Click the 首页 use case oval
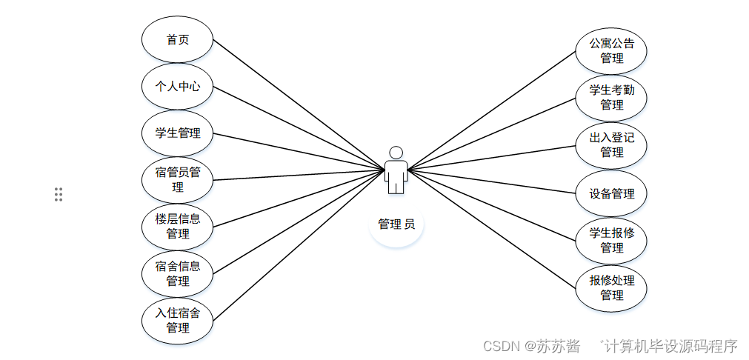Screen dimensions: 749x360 coord(177,39)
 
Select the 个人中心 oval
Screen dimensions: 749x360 coord(177,86)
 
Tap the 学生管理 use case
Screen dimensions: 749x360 coord(177,133)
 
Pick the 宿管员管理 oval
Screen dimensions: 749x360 coord(177,180)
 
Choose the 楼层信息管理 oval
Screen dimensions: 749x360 coord(177,226)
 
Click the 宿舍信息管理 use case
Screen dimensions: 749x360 coord(177,273)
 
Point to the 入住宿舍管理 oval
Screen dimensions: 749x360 coord(177,320)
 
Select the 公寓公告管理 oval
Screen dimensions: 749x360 coord(611,50)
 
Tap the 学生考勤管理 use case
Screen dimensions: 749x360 coord(611,98)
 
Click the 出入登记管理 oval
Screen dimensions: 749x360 coord(611,144)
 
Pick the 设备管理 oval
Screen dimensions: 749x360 coord(611,193)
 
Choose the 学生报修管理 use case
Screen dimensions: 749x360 coord(611,240)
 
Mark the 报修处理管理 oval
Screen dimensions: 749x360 coord(611,287)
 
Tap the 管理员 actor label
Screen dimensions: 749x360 coord(396,224)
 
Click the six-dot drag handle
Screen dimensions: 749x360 coord(59,194)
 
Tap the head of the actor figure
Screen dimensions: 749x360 coord(396,153)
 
